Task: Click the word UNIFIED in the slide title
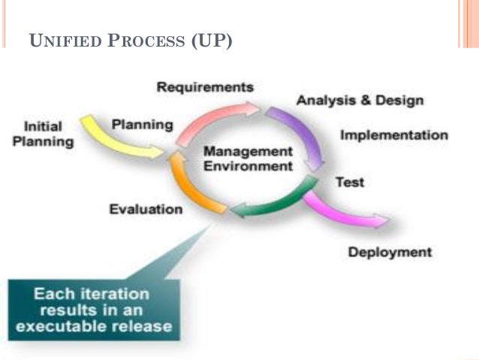pyautogui.click(x=61, y=41)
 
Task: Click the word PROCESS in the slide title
pyautogui.click(x=143, y=41)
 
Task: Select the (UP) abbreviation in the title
pyautogui.click(x=212, y=41)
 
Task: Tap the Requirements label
pyautogui.click(x=204, y=87)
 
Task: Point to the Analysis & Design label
pyautogui.click(x=360, y=101)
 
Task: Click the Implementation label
pyautogui.click(x=393, y=136)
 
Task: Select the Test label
pyautogui.click(x=349, y=182)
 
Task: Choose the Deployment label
pyautogui.click(x=390, y=252)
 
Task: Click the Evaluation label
pyautogui.click(x=146, y=209)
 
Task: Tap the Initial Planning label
pyautogui.click(x=43, y=134)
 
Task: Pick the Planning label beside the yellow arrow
pyautogui.click(x=142, y=124)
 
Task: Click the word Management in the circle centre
pyautogui.click(x=247, y=152)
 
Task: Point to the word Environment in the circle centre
pyautogui.click(x=247, y=166)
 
